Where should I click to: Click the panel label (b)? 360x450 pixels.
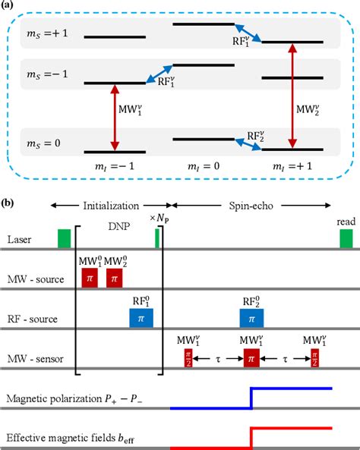click(x=8, y=203)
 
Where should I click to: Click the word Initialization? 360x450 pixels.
click(x=112, y=206)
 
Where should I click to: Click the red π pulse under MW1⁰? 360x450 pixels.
click(x=90, y=278)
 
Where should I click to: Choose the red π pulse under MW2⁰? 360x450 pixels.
click(x=115, y=278)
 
